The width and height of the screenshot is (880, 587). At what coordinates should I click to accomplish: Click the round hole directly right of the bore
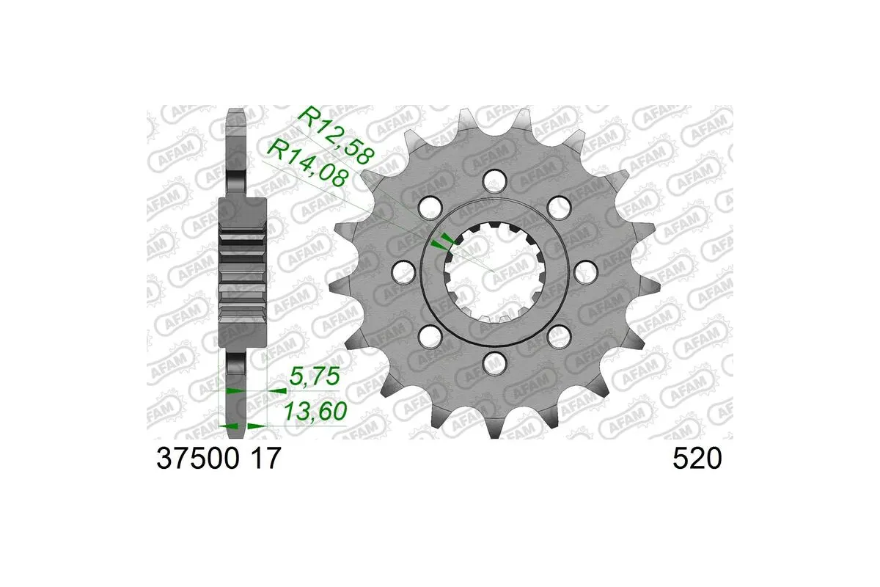coord(585,273)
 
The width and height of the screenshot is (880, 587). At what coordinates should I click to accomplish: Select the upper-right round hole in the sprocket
coord(561,205)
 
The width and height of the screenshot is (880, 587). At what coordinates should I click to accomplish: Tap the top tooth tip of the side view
coord(235,117)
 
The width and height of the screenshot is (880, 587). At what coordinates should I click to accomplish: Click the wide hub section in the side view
coord(243,271)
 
